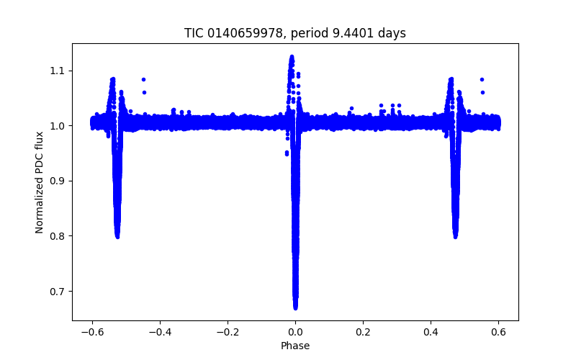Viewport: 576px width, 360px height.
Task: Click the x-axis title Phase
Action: pyautogui.click(x=295, y=346)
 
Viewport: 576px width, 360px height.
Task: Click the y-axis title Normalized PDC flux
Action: pyautogui.click(x=40, y=181)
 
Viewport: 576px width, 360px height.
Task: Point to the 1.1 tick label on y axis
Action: pyautogui.click(x=58, y=71)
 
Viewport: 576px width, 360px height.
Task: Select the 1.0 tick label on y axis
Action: pyautogui.click(x=58, y=126)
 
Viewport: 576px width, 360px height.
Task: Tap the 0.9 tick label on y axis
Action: pyautogui.click(x=58, y=181)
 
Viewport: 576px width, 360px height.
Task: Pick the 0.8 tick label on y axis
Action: pyautogui.click(x=58, y=236)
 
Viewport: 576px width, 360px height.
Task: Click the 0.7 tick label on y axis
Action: pyautogui.click(x=58, y=292)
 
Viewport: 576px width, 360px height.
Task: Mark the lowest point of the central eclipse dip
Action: pyautogui.click(x=295, y=307)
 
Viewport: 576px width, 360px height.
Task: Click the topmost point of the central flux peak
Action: pyautogui.click(x=292, y=55)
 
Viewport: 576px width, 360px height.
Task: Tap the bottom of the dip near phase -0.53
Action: pyautogui.click(x=117, y=237)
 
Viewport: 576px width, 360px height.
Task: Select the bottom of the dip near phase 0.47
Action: pyautogui.click(x=455, y=237)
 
